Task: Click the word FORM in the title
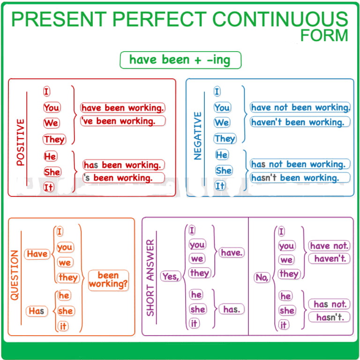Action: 324,35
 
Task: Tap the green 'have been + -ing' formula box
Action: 180,60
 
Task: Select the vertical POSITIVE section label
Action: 21,142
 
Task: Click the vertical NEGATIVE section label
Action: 198,135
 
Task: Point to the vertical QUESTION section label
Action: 15,275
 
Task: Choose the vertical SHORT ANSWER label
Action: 150,278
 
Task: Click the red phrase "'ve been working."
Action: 123,121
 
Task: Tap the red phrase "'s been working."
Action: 124,178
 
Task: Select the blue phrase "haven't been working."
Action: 300,122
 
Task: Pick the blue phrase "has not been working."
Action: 300,164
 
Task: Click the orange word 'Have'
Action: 37,254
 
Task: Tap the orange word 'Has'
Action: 37,311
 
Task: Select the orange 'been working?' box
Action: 108,280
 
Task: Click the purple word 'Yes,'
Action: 171,276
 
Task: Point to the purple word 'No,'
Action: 262,277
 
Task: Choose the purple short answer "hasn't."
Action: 329,317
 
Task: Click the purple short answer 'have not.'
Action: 329,246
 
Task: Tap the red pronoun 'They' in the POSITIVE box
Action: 54,139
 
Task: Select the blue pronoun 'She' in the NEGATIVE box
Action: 224,171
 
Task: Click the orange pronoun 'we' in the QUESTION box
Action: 65,262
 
